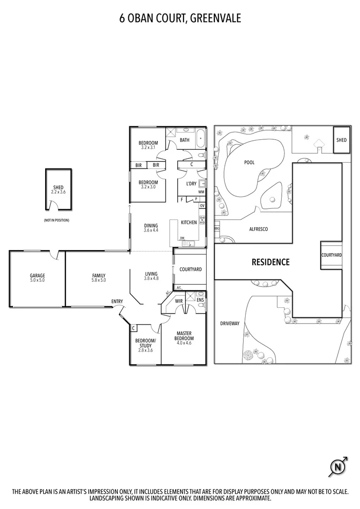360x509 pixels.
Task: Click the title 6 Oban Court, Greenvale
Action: pyautogui.click(x=180, y=18)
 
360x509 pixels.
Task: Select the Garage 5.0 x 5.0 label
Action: pyautogui.click(x=37, y=278)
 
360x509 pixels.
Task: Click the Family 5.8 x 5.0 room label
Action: pyautogui.click(x=99, y=278)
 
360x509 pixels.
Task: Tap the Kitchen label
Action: pyautogui.click(x=188, y=223)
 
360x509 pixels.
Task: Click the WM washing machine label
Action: pyautogui.click(x=201, y=192)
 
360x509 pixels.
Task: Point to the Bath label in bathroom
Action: pyautogui.click(x=185, y=140)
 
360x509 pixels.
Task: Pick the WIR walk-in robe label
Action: pyautogui.click(x=179, y=301)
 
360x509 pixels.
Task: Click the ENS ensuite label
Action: pyautogui.click(x=200, y=301)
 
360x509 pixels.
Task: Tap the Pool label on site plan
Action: pyautogui.click(x=249, y=162)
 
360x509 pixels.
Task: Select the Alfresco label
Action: pyautogui.click(x=259, y=229)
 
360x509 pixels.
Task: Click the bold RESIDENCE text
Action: pyautogui.click(x=271, y=262)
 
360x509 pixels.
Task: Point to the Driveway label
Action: pyautogui.click(x=229, y=324)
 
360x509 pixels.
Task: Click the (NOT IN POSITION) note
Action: pyautogui.click(x=57, y=220)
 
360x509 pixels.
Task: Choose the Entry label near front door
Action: pyautogui.click(x=117, y=302)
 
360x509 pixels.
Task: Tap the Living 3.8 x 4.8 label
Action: pyautogui.click(x=151, y=277)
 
